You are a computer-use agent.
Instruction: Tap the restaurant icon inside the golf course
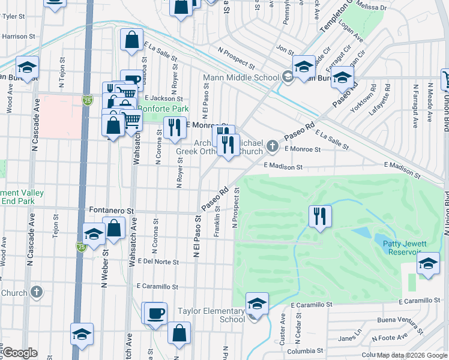320,215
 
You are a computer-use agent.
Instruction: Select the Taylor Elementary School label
212,316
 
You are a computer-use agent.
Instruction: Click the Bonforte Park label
163,109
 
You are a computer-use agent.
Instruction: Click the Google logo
19,353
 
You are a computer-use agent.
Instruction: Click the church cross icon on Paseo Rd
273,145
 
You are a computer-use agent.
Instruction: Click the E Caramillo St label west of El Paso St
158,287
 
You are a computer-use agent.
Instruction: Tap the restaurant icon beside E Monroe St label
174,127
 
